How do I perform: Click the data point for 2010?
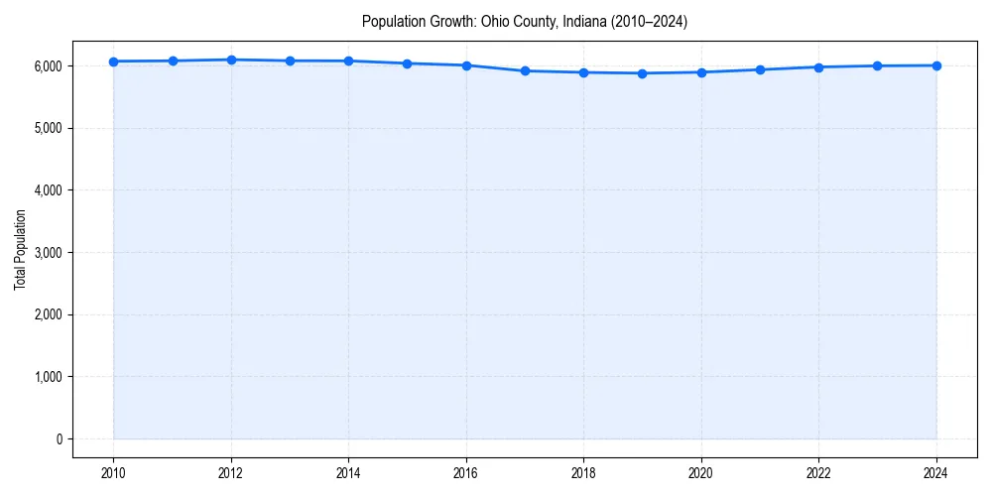click(114, 62)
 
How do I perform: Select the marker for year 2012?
click(231, 60)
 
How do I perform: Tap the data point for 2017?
click(525, 70)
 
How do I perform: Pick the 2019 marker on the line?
click(643, 73)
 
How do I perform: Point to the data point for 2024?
click(936, 65)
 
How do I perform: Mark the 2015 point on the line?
click(408, 63)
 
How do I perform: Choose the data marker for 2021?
click(760, 69)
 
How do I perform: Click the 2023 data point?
click(878, 65)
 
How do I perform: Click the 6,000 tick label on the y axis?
click(48, 65)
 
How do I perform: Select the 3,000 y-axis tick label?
click(48, 252)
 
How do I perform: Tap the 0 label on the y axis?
click(59, 439)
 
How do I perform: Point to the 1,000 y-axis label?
click(48, 377)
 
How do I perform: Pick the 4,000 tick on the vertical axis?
click(48, 190)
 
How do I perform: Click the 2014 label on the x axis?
click(349, 472)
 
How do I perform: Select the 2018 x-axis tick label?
click(584, 472)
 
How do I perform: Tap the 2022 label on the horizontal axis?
click(819, 472)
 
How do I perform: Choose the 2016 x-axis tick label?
click(466, 472)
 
